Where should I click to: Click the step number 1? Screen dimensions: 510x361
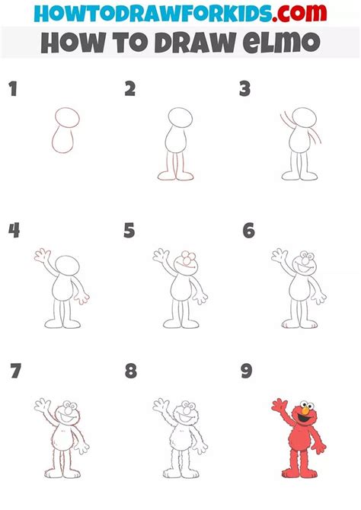[12, 90]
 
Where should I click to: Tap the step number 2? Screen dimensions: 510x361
[130, 90]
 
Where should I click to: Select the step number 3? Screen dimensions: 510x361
[244, 90]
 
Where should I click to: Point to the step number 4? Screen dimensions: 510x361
[13, 231]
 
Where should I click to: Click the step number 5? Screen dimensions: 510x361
[129, 231]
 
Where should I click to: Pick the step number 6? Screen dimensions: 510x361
[248, 231]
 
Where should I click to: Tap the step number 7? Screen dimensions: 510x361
[15, 371]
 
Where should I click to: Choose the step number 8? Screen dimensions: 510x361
[131, 371]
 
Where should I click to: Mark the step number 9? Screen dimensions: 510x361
[247, 371]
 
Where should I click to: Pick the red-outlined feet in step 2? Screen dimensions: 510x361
[174, 177]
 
